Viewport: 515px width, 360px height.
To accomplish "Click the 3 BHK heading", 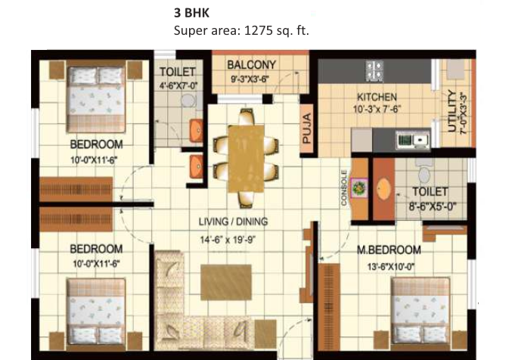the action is coord(191,13).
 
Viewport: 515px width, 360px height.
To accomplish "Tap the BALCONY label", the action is coord(251,65).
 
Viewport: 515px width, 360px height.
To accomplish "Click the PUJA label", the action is coord(306,129).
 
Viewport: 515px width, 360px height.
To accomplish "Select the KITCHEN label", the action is coord(377,98).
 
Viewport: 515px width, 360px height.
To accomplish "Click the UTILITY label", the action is coord(452,111).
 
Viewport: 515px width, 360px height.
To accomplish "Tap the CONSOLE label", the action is coord(344,188).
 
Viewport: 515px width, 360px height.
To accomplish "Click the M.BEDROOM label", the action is coord(389,250).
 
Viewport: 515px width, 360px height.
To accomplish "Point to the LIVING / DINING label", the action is coord(233,222).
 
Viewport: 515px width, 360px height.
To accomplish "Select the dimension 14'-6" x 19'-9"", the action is coord(228,240).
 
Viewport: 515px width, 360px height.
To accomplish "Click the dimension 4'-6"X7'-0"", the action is coord(178,86).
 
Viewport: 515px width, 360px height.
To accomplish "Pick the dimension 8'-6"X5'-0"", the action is coord(433,206).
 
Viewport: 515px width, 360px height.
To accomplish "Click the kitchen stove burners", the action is coord(374,70).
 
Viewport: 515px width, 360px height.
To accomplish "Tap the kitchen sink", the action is coord(414,140).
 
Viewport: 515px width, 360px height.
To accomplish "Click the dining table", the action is coord(247,159).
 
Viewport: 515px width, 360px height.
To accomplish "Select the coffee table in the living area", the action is coord(226,282).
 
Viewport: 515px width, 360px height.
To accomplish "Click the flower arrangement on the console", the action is coord(358,188).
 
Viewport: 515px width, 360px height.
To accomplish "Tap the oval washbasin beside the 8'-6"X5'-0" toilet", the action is coord(383,189).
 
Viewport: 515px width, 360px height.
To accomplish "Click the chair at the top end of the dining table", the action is coord(247,116).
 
